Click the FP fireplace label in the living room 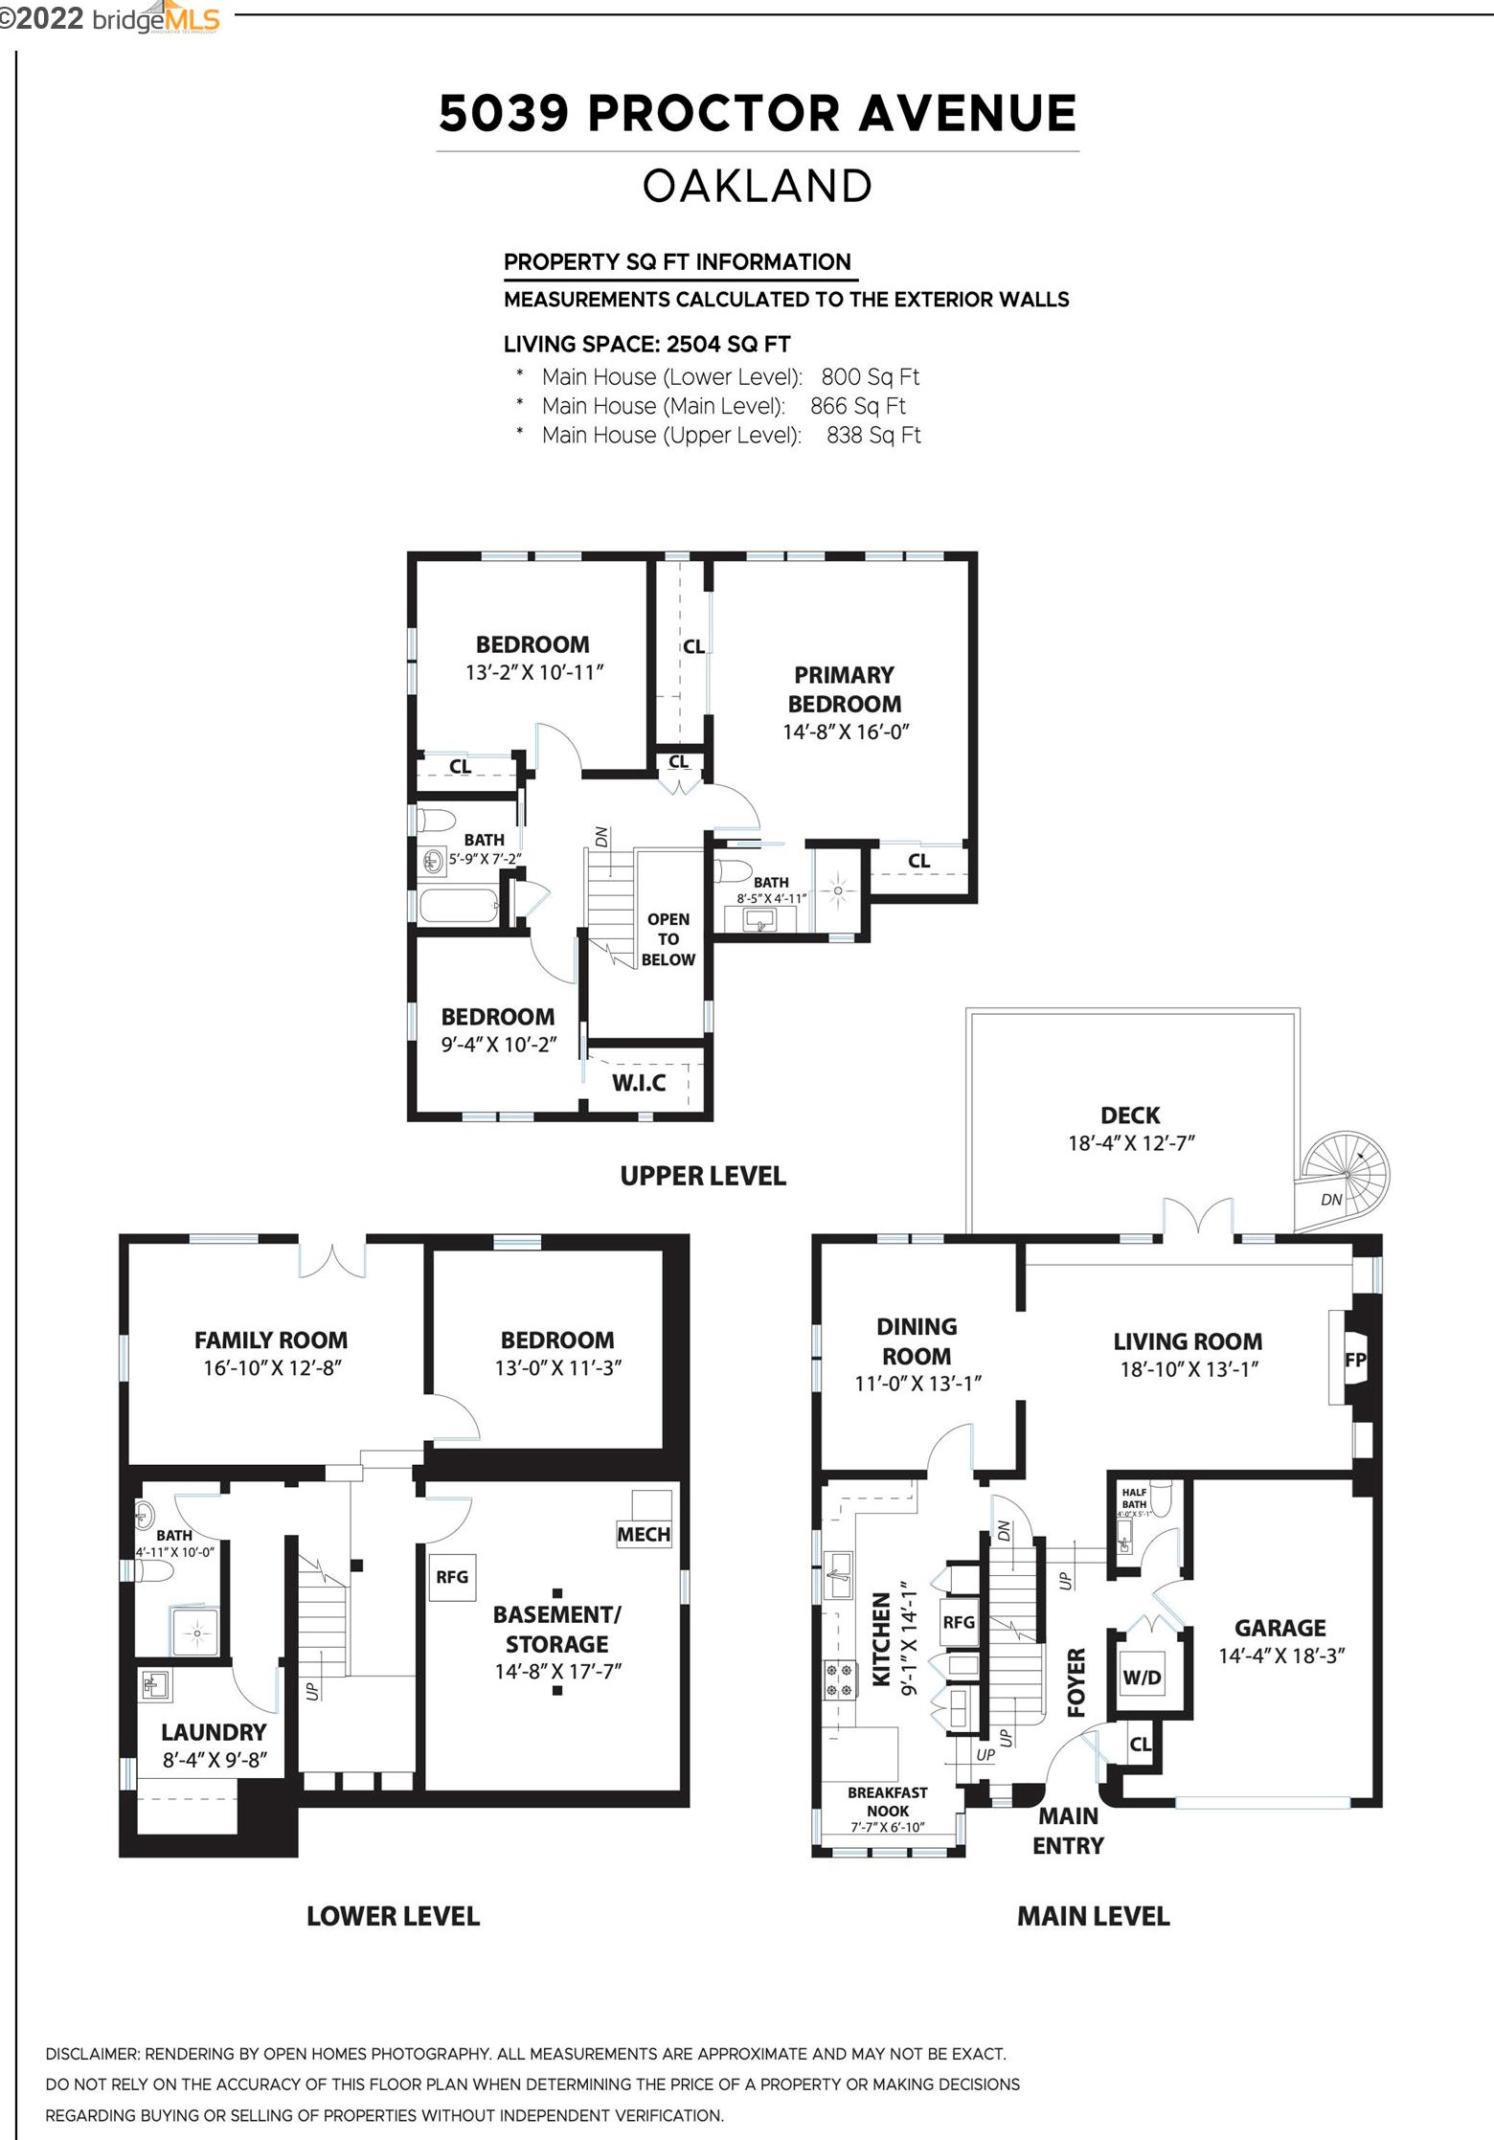click(x=1355, y=1360)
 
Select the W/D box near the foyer click(x=1142, y=1677)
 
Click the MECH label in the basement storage click(x=644, y=1534)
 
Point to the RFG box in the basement click(x=452, y=1576)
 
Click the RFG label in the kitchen click(x=959, y=1622)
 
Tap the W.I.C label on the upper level click(x=639, y=1083)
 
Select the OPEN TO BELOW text click(x=668, y=939)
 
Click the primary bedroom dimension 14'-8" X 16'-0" click(x=845, y=732)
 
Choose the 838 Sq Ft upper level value click(x=872, y=436)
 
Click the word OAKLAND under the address click(x=757, y=186)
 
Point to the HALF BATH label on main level click(x=1134, y=1498)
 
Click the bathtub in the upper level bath click(x=459, y=905)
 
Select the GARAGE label click(x=1279, y=1628)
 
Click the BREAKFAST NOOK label click(x=887, y=1801)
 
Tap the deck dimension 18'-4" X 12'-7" click(x=1131, y=1143)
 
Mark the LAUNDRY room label click(x=214, y=1732)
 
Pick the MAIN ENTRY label click(x=1068, y=1830)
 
